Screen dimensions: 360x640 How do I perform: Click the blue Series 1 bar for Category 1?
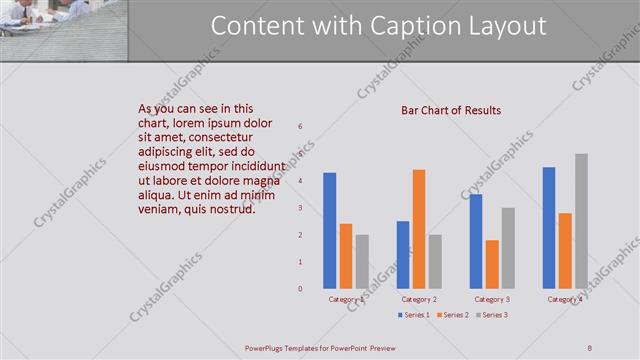(330, 231)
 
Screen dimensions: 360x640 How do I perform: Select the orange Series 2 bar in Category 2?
(418, 229)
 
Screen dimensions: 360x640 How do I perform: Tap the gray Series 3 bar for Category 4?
(581, 221)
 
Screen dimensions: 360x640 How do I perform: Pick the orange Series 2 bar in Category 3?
(492, 264)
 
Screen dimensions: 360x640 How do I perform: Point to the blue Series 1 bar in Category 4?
(549, 228)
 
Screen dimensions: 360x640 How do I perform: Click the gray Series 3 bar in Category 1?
(362, 262)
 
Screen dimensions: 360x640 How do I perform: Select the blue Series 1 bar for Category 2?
(402, 255)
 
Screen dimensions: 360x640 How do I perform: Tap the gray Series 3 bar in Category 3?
(508, 248)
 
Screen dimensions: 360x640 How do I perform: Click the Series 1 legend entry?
(415, 316)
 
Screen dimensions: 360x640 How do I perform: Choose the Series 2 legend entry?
(453, 316)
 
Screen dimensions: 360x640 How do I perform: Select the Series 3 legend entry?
(492, 316)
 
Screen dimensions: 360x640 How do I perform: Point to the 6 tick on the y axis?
(300, 127)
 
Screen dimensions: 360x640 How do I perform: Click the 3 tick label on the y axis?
(300, 208)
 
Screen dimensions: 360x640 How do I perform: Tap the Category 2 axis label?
(418, 300)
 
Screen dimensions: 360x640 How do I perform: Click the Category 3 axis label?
(492, 300)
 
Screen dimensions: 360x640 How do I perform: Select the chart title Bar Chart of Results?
(451, 110)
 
